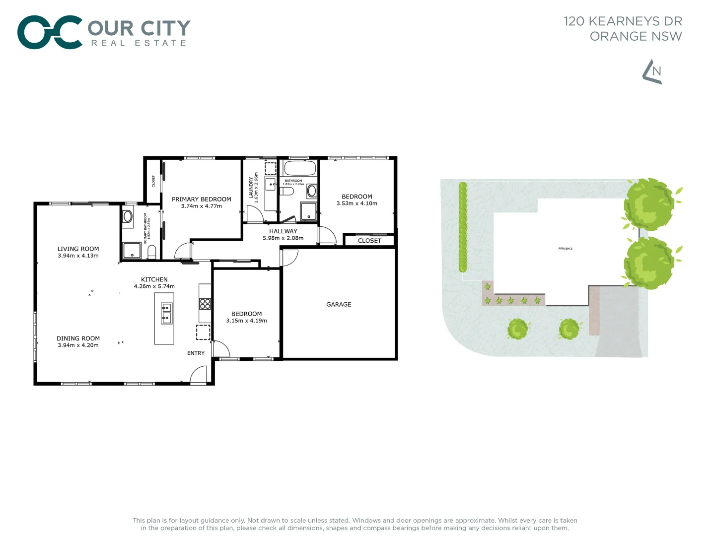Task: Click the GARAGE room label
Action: [339, 304]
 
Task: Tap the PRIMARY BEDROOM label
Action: [202, 199]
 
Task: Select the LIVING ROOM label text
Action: [78, 249]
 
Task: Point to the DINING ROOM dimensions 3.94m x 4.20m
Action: [78, 345]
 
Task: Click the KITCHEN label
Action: [154, 279]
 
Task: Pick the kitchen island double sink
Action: [166, 313]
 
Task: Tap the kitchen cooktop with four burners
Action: [205, 303]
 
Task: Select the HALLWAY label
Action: [283, 231]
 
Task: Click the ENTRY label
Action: [196, 353]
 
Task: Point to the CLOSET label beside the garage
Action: [369, 241]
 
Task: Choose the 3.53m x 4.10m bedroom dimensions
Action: [357, 203]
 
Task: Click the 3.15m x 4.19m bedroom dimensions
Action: [246, 321]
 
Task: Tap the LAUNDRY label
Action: [251, 188]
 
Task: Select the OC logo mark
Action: [49, 32]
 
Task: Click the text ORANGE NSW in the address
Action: [636, 36]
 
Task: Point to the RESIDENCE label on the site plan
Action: [565, 249]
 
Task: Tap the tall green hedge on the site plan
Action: [463, 227]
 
